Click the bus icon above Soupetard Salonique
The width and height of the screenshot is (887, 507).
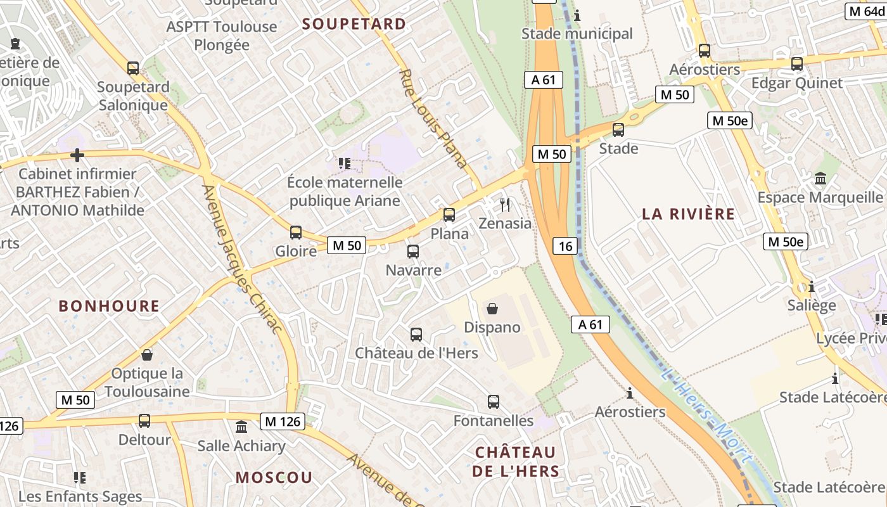click(133, 68)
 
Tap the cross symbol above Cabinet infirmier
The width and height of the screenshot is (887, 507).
click(77, 155)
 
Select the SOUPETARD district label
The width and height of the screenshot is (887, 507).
click(354, 24)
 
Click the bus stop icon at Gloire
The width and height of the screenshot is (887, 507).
click(296, 233)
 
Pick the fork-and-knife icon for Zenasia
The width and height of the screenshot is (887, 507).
click(505, 205)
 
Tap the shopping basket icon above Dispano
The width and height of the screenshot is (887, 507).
click(492, 309)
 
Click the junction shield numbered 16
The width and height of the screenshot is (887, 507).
click(565, 246)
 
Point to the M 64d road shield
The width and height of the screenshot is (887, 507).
click(866, 11)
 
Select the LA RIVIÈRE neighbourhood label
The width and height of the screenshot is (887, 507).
click(689, 214)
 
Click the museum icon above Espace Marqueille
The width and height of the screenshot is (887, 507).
click(820, 179)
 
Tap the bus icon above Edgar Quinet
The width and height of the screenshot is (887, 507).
click(797, 64)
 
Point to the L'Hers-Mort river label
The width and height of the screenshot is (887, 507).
click(706, 415)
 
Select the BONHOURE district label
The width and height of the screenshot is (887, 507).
click(109, 306)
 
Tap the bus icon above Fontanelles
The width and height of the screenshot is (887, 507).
click(494, 402)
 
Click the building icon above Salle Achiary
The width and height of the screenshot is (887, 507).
click(241, 427)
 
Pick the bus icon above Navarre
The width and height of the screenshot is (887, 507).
click(413, 252)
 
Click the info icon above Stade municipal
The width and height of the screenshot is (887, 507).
click(577, 15)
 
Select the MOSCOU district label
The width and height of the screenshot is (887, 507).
click(274, 477)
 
